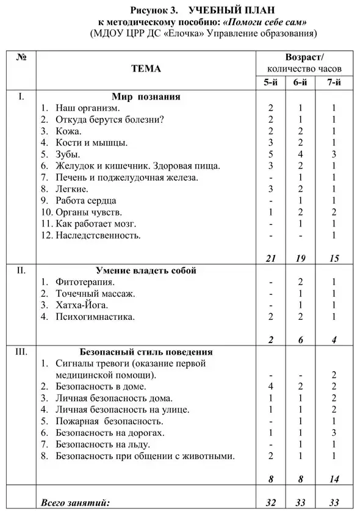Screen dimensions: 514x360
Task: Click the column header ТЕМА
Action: click(146, 69)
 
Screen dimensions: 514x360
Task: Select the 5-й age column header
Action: click(271, 83)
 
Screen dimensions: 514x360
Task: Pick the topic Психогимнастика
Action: click(95, 317)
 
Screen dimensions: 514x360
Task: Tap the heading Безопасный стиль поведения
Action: click(146, 352)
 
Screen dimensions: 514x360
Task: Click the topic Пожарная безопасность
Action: click(109, 421)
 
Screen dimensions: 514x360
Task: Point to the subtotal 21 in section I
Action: click(271, 259)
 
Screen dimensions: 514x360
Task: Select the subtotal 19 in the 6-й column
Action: click(300, 259)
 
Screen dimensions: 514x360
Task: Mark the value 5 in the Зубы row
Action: click(271, 154)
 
